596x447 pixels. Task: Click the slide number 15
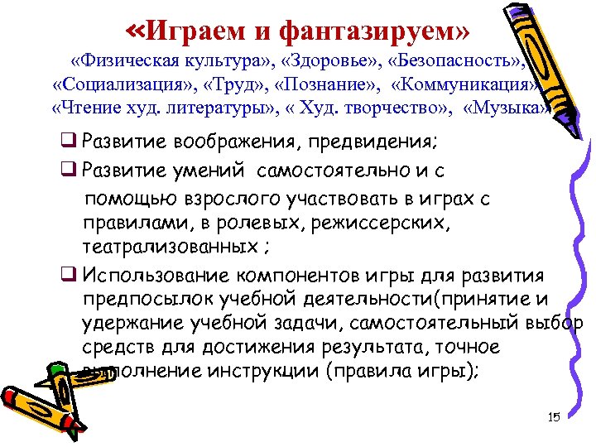(554, 416)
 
